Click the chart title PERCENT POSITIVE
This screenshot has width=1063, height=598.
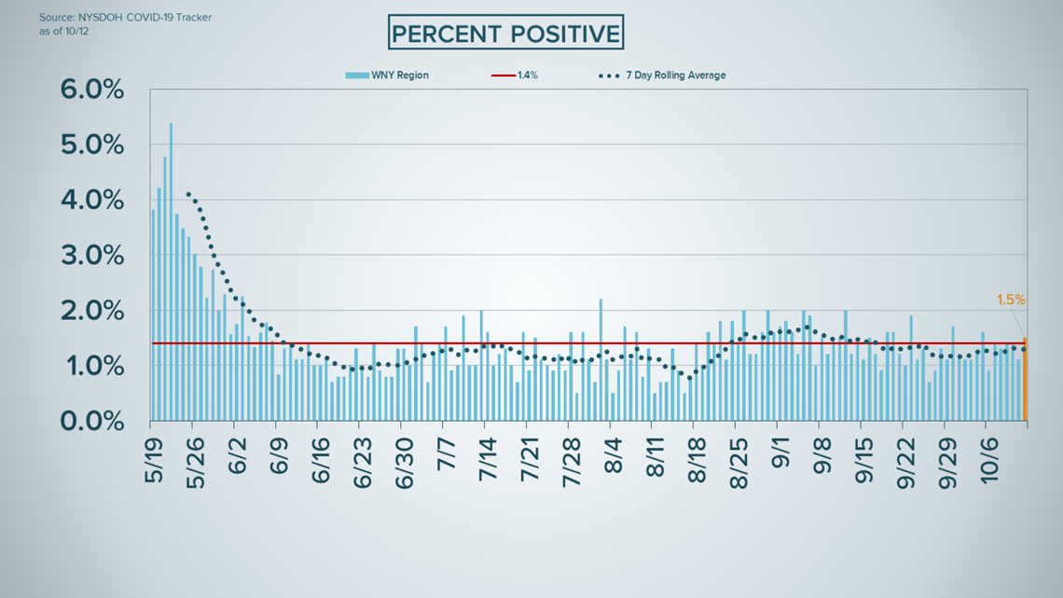tap(505, 35)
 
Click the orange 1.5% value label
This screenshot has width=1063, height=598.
tap(1011, 300)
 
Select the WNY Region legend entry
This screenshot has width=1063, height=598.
tap(387, 76)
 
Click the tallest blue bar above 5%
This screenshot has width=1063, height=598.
tap(171, 271)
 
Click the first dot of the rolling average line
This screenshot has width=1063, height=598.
tap(188, 194)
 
